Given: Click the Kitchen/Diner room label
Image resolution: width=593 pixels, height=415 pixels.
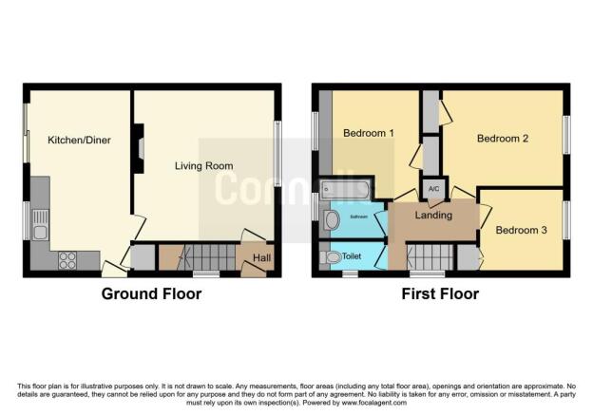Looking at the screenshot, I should coord(79,141).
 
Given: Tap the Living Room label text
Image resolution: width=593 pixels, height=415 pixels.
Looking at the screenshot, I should coord(203,166).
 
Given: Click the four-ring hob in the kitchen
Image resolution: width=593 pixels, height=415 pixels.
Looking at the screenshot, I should coord(68,260).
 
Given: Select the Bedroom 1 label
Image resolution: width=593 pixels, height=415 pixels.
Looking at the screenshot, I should coord(368,133).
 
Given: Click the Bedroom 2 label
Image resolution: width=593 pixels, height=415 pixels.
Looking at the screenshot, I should coord(502,139).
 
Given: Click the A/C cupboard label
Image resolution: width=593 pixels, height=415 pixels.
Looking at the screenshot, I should coord(433,188).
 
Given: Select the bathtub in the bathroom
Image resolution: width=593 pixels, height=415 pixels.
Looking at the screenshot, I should coord(347,190).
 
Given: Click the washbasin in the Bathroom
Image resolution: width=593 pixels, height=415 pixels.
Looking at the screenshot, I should coord(332,220).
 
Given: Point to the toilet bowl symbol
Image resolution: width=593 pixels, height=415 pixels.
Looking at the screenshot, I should coord(333,257).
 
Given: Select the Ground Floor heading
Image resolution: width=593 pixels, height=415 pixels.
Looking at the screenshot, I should coord(151,294).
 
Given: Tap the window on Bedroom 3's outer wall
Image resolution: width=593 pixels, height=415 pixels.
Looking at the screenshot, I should coord(565,220).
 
